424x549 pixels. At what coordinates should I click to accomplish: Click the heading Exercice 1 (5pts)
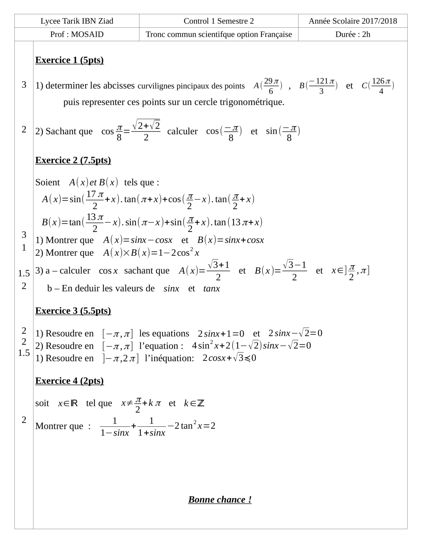pyautogui.click(x=70, y=60)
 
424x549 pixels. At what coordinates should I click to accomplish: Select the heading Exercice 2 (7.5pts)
pyautogui.click(x=73, y=160)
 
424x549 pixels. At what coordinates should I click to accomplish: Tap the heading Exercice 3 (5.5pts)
pyautogui.click(x=73, y=311)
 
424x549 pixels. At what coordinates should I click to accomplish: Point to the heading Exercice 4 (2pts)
pyautogui.click(x=70, y=381)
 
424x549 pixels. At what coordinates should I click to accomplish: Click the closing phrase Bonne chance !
pyautogui.click(x=220, y=499)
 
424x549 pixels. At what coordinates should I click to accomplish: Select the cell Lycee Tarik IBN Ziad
pyautogui.click(x=77, y=21)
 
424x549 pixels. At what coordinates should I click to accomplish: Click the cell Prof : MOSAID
pyautogui.click(x=77, y=34)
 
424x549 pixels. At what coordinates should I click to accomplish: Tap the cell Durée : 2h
pyautogui.click(x=353, y=34)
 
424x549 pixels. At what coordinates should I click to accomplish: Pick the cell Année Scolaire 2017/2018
pyautogui.click(x=353, y=21)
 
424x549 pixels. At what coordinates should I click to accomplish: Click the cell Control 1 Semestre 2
pyautogui.click(x=218, y=21)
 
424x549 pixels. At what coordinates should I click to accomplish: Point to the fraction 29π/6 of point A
pyautogui.click(x=271, y=86)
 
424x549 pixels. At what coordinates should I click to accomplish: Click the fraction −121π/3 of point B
pyautogui.click(x=321, y=86)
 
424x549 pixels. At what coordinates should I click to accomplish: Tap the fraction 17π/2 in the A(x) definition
pyautogui.click(x=95, y=200)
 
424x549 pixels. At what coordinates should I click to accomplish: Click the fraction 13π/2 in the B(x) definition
pyautogui.click(x=95, y=223)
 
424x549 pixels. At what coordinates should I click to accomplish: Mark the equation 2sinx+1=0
pyautogui.click(x=221, y=333)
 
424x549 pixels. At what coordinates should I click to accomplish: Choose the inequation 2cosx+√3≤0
pyautogui.click(x=229, y=358)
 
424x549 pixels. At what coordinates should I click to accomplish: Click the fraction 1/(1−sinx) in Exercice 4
pyautogui.click(x=115, y=427)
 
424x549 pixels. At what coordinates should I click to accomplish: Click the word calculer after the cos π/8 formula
pyautogui.click(x=182, y=131)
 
